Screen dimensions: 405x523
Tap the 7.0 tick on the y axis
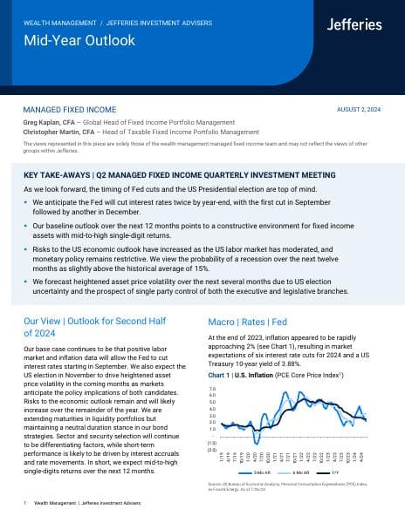212,389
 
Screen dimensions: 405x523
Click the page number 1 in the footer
25,504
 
